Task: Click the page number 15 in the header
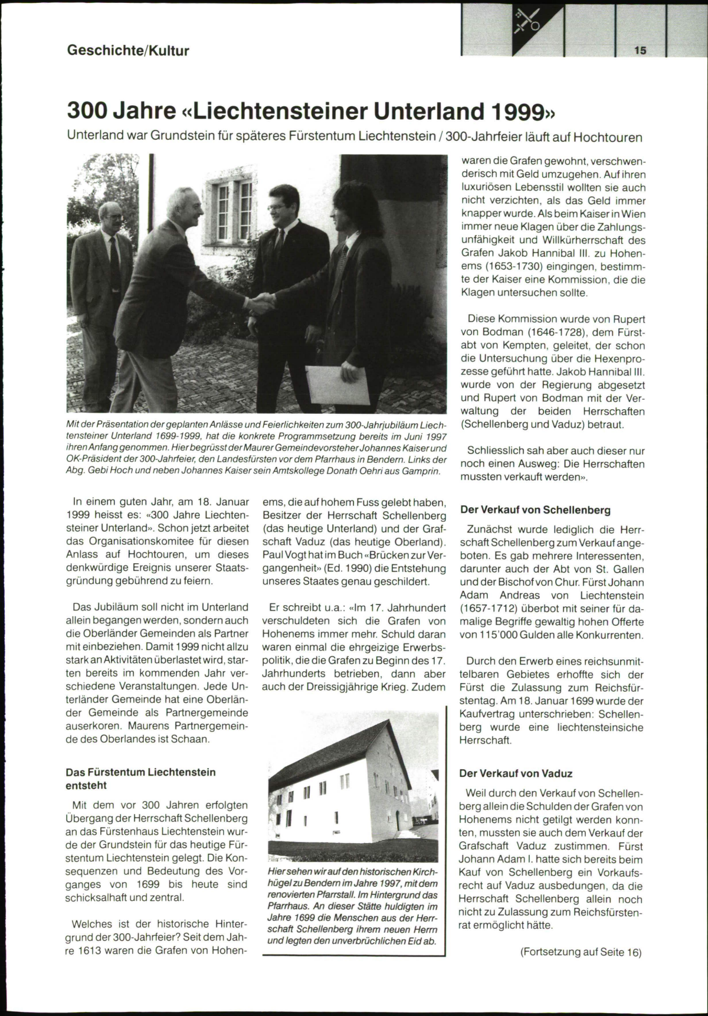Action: pos(641,50)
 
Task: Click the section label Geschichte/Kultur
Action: pos(128,50)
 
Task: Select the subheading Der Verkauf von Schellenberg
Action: pos(535,509)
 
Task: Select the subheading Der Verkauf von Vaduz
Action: pos(516,773)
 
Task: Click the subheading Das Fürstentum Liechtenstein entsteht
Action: pos(140,779)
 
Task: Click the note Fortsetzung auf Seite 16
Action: pos(581,952)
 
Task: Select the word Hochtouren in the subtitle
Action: pos(608,138)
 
